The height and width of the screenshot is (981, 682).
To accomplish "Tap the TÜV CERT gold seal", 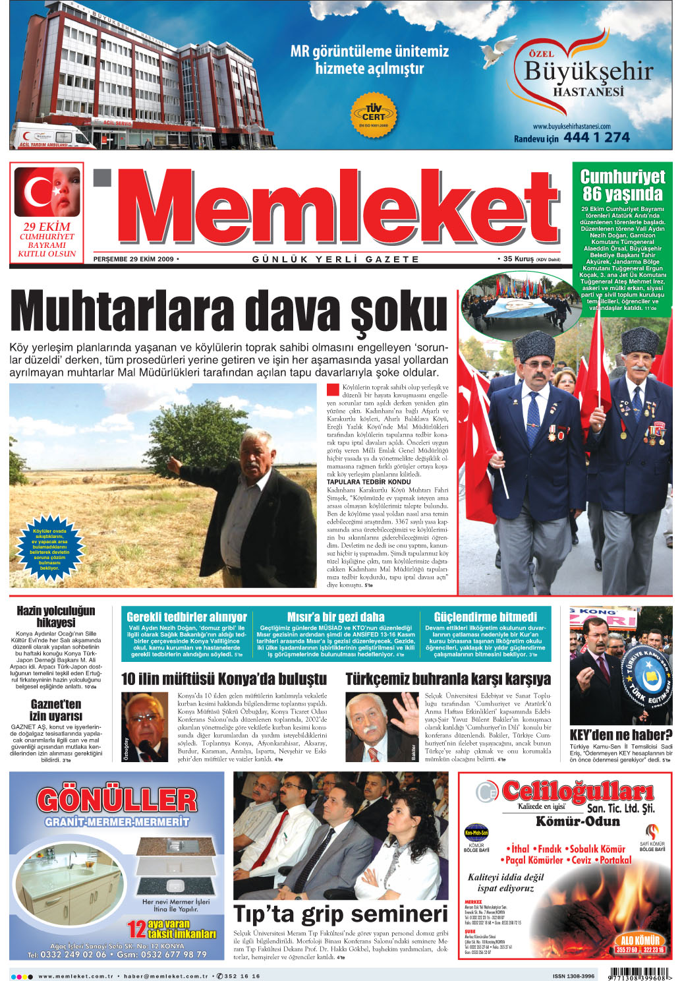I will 373,113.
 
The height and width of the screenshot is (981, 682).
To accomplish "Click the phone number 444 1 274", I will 596,138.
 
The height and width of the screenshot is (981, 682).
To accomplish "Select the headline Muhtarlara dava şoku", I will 229,311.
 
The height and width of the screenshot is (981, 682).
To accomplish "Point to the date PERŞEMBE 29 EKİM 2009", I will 134,259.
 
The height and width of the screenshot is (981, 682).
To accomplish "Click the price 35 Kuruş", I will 518,259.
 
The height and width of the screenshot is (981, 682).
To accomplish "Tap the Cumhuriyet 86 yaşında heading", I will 622,185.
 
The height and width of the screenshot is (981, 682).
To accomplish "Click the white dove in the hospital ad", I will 498,50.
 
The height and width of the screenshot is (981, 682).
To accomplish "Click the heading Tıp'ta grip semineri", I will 341,914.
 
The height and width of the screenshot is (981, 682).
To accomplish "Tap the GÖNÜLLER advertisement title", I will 117,800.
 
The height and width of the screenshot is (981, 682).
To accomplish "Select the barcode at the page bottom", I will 640,973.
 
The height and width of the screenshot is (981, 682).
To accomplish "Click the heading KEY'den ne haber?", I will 621,734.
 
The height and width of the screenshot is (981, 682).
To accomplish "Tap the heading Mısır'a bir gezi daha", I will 335,616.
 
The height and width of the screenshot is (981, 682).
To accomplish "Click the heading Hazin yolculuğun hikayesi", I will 56,616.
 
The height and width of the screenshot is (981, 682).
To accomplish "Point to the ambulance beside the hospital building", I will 51,136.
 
